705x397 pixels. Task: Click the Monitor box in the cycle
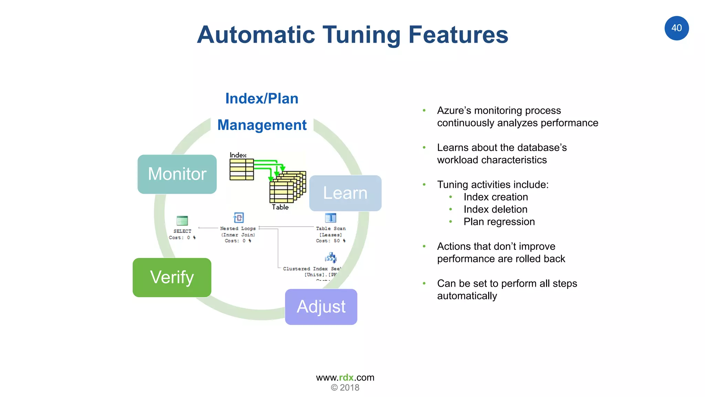coord(177,174)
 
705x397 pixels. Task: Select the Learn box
coord(345,193)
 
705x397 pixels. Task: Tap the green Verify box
coord(172,277)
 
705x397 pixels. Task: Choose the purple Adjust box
coord(321,307)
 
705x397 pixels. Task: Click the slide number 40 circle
coord(676,28)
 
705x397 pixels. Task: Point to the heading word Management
coord(262,125)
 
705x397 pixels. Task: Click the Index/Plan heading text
coord(262,99)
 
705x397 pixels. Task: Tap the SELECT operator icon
coord(182,221)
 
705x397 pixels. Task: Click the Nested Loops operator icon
coord(239,218)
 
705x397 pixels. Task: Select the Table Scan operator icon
coord(330,218)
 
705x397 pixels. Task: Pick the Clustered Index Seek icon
coord(330,257)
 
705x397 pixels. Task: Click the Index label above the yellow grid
coord(238,155)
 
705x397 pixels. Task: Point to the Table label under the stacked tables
coord(280,207)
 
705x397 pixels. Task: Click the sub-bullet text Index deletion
coord(495,209)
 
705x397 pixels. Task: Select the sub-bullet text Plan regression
coord(499,222)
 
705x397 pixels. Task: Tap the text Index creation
coord(495,197)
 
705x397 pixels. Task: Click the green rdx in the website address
coord(346,377)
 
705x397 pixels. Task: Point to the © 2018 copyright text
coord(345,388)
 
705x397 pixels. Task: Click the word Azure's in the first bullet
coord(454,110)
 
